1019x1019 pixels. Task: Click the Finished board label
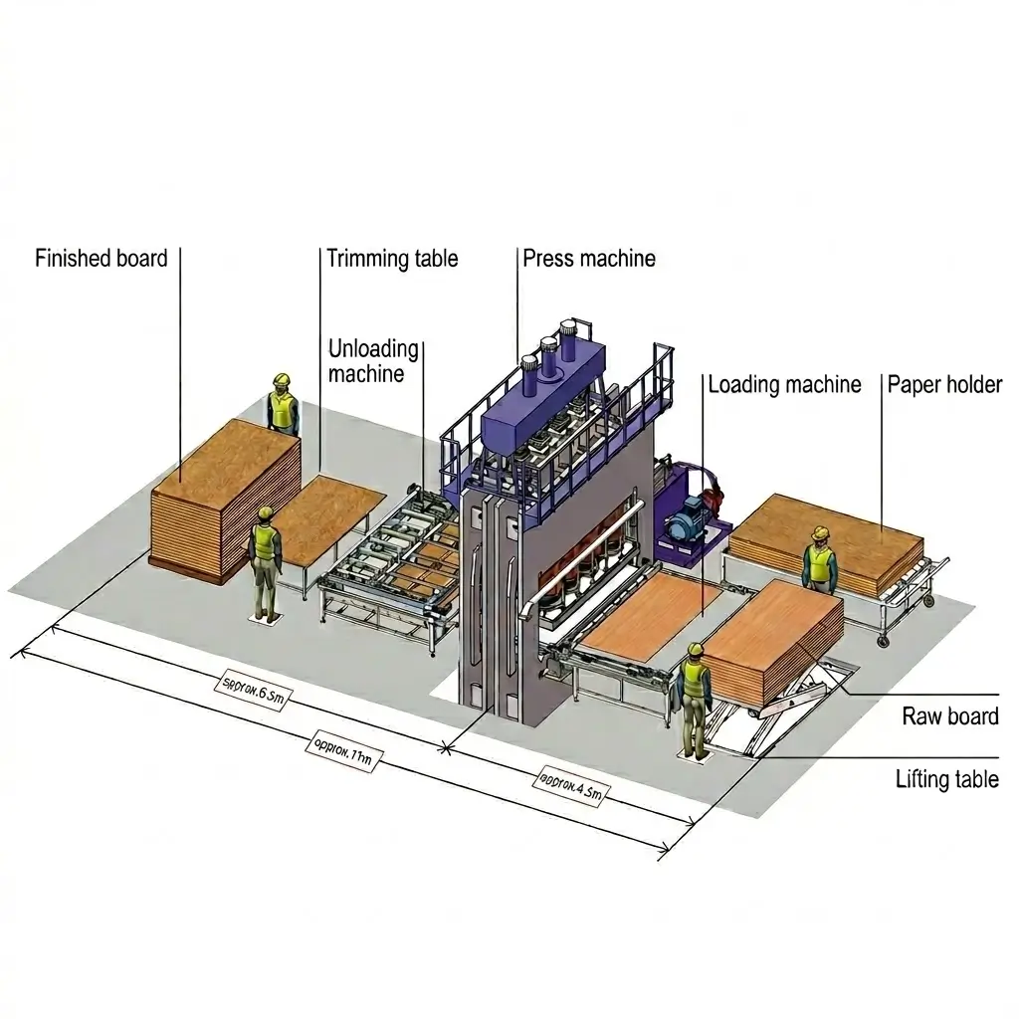(x=101, y=260)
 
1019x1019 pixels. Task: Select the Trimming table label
(x=392, y=260)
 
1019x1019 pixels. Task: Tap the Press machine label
(x=589, y=260)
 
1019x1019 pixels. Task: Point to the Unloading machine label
(x=372, y=361)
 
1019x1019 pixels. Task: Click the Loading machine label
(x=784, y=384)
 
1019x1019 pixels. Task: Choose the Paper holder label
(x=944, y=384)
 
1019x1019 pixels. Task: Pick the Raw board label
(x=949, y=715)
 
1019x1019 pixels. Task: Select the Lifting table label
(x=946, y=778)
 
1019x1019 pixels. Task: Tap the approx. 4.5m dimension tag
(x=570, y=785)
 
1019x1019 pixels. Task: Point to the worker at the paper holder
(x=820, y=561)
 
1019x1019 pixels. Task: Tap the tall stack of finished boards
(x=224, y=498)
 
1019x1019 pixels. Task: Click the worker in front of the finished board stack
(x=265, y=562)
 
